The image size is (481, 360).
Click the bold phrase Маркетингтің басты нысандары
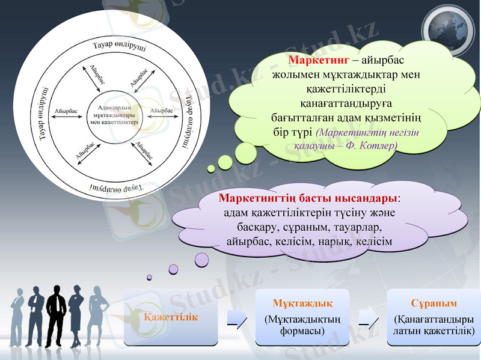308,198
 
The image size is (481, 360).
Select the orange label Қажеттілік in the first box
171,316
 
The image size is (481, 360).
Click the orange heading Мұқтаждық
302,303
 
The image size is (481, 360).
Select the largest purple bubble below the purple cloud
201,259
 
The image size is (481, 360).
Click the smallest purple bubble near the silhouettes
150,278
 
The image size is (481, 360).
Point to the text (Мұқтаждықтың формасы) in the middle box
302,325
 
